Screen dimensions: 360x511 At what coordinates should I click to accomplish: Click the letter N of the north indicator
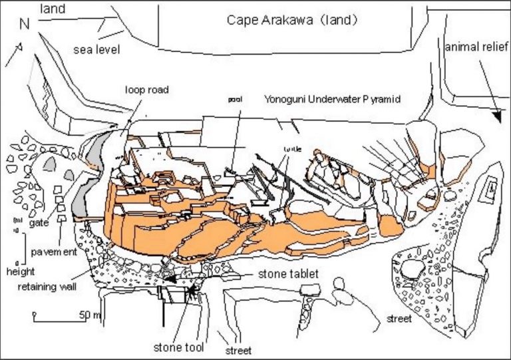point(25,24)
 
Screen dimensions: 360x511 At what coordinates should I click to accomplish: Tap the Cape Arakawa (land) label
point(293,20)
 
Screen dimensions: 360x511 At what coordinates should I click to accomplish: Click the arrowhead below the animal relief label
point(497,118)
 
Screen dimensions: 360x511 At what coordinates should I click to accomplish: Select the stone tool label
point(178,346)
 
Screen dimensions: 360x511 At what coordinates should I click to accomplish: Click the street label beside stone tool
point(239,350)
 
